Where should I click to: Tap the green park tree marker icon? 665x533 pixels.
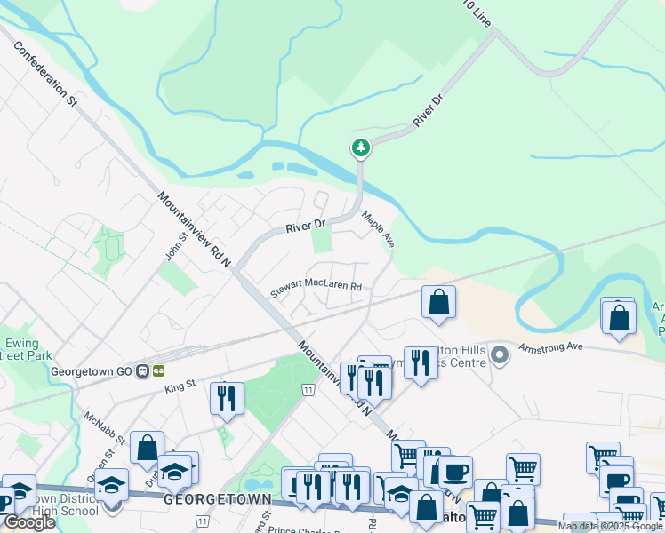coord(360,147)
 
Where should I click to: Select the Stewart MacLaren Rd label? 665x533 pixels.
coord(316,287)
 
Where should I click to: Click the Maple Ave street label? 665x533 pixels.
coord(378,227)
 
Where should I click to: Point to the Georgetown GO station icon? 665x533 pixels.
coord(141,371)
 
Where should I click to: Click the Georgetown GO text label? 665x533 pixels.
coord(92,371)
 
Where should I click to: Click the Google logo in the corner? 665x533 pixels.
coord(29,522)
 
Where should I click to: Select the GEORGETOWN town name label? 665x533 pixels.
coord(217,500)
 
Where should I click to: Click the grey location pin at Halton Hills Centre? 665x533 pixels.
coord(500,355)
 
